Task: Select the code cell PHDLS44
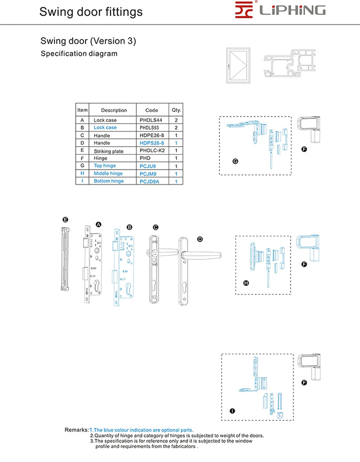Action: [151, 120]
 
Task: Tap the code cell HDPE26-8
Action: [151, 135]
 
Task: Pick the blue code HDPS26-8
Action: [151, 143]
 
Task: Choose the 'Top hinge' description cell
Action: [105, 166]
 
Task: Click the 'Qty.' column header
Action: [176, 111]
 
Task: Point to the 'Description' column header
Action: [114, 111]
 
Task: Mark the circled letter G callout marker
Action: [235, 161]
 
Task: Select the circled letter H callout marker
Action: [246, 283]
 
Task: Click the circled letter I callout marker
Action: [232, 411]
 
